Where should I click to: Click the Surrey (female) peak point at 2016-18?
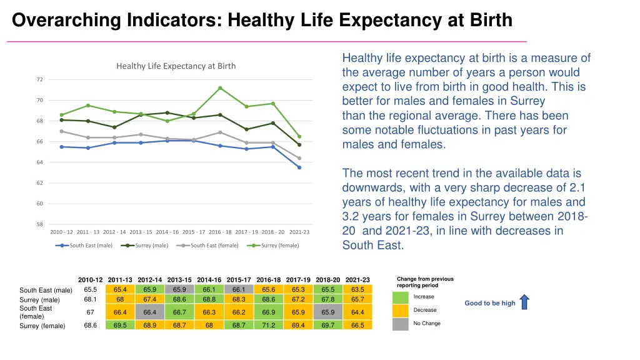[x=220, y=88]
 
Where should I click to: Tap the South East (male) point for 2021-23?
[x=299, y=167]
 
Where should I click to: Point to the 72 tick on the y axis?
[x=39, y=79]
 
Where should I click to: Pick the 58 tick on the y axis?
[x=39, y=224]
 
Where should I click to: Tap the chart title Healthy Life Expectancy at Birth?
[x=176, y=66]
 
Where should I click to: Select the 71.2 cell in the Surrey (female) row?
[x=268, y=326]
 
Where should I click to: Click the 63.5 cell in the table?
[x=357, y=289]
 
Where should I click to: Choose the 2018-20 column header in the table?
[x=327, y=279]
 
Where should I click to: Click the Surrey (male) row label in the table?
[x=39, y=300]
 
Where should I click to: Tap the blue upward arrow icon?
[x=524, y=302]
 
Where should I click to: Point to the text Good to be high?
[x=490, y=303]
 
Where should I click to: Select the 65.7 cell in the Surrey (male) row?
[x=357, y=299]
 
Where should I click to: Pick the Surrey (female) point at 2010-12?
[x=62, y=115]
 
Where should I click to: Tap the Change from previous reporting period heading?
[x=425, y=282]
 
